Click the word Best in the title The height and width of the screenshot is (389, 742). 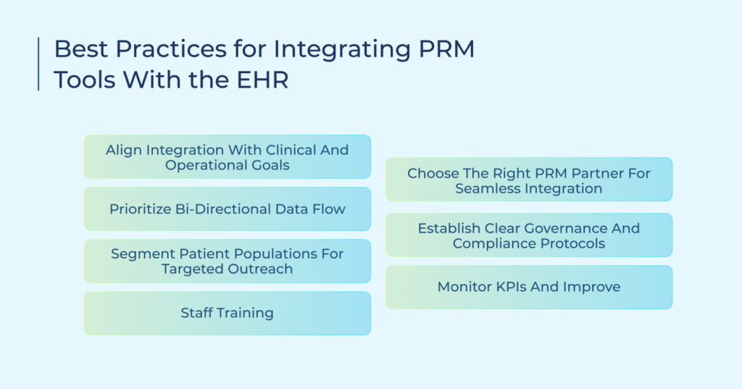coord(81,49)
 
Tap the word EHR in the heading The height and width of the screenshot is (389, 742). coord(262,80)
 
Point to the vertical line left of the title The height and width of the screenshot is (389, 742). coord(38,64)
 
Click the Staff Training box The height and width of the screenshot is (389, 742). coord(227,313)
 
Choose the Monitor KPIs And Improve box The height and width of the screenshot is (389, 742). coord(528,288)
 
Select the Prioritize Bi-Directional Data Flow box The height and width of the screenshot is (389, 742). coord(227,209)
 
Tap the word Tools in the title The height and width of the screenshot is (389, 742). coord(86,80)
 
